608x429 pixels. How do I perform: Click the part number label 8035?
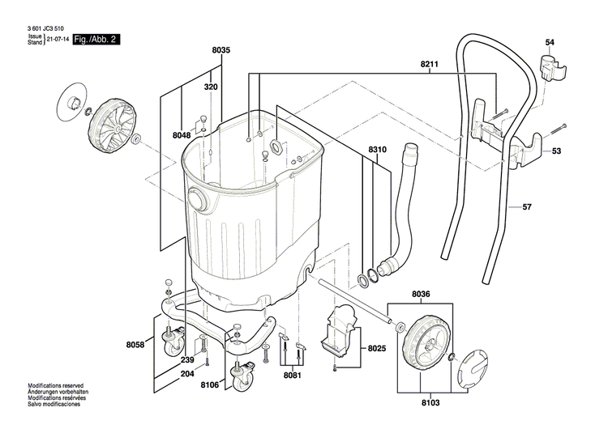(221, 50)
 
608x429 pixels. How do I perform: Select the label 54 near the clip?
(550, 42)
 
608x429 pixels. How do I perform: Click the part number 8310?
(378, 151)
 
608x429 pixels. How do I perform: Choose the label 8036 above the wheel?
(422, 294)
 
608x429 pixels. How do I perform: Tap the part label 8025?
(378, 350)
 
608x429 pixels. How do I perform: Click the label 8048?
(182, 135)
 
